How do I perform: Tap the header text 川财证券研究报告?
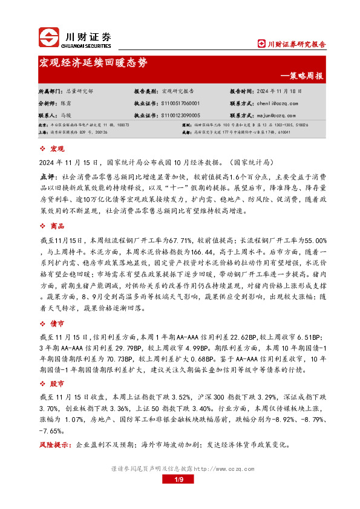click(x=296, y=44)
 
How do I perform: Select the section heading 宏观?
click(x=57, y=149)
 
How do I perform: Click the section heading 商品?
click(x=57, y=225)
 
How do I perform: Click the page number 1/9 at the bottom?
click(x=179, y=479)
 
